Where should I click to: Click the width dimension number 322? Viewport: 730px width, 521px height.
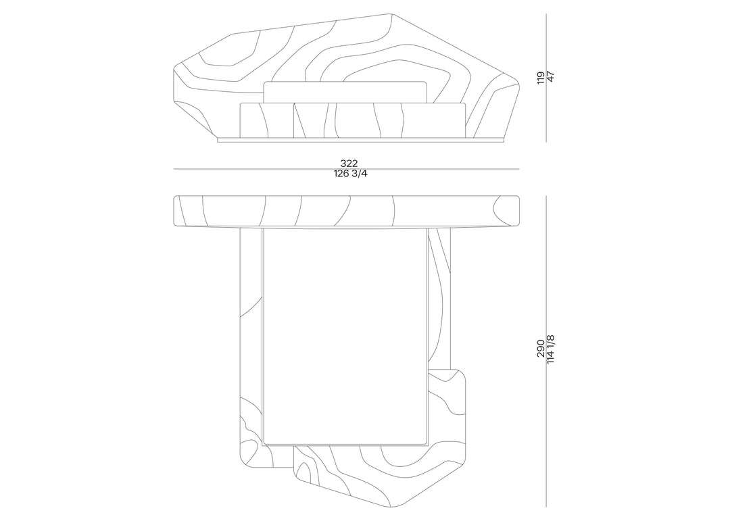pyautogui.click(x=349, y=164)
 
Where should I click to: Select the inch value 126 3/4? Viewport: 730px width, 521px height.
pyautogui.click(x=349, y=174)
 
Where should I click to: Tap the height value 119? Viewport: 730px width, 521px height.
pyautogui.click(x=541, y=78)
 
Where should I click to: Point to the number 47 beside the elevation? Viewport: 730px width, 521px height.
pyautogui.click(x=552, y=77)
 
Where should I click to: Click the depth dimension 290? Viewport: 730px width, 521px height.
pyautogui.click(x=541, y=348)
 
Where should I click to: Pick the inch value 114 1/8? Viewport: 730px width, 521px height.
pyautogui.click(x=552, y=349)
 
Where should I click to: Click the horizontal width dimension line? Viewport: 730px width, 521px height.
pyautogui.click(x=346, y=169)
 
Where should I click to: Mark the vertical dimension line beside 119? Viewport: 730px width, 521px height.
pyautogui.click(x=546, y=78)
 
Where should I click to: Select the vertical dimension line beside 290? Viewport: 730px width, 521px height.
pyautogui.click(x=546, y=351)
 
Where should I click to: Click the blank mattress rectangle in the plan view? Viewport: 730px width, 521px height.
pyautogui.click(x=345, y=336)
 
